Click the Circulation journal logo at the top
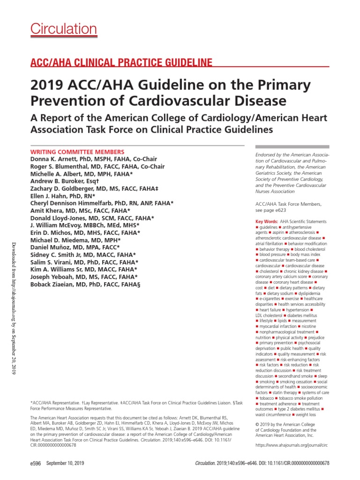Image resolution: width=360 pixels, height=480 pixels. pyautogui.click(x=64, y=29)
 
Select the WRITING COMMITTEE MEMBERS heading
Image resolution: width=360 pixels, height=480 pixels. pyautogui.click(x=77, y=152)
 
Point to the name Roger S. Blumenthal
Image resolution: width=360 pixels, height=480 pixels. pyautogui.click(x=60, y=166)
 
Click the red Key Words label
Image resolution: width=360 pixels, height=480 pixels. pyautogui.click(x=266, y=221)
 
